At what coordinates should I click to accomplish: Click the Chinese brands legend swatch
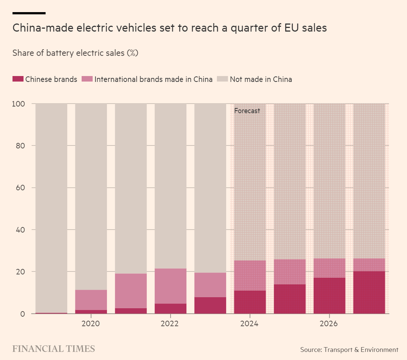click(x=18, y=79)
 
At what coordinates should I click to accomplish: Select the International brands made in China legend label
click(x=153, y=79)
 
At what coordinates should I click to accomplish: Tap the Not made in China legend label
click(x=261, y=79)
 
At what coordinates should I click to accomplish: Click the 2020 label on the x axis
click(x=91, y=324)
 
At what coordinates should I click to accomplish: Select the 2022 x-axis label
click(x=170, y=324)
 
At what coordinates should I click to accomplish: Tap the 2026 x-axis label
click(x=329, y=324)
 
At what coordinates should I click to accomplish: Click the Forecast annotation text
click(x=247, y=111)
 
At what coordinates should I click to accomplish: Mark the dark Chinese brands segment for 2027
click(x=369, y=292)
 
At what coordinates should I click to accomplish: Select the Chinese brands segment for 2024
click(x=250, y=302)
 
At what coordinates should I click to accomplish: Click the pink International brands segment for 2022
click(x=171, y=286)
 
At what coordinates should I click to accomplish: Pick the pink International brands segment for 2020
click(x=91, y=300)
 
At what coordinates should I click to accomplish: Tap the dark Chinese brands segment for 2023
click(x=210, y=305)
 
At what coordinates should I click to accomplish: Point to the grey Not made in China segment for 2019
click(x=51, y=208)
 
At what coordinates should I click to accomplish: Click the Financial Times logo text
click(x=54, y=349)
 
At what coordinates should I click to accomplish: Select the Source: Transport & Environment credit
click(x=349, y=350)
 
